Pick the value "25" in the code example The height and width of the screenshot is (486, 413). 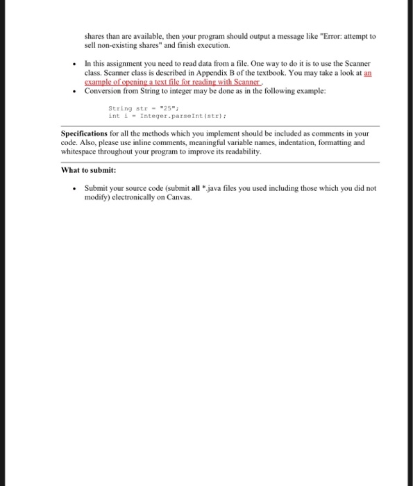coord(165,108)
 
